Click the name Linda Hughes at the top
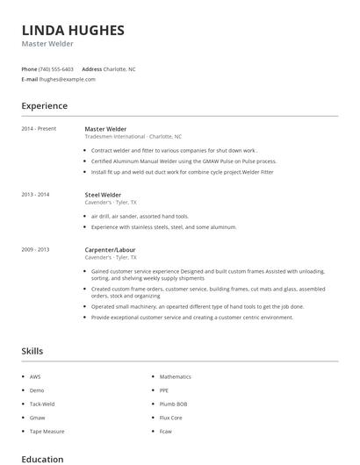tap(73, 30)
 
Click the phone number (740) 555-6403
tap(57, 68)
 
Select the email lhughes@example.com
tap(67, 79)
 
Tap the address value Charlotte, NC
tap(120, 68)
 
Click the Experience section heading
tap(45, 106)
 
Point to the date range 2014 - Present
tap(39, 129)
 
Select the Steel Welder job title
tap(103, 195)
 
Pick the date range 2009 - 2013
tap(35, 249)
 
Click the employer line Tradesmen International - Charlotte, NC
tap(133, 137)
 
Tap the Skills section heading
tap(32, 351)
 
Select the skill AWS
tap(35, 376)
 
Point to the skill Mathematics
tap(175, 376)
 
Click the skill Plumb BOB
tap(172, 404)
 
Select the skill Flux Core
tap(170, 418)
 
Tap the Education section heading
tap(42, 458)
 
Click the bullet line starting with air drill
tap(140, 216)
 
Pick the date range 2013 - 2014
tap(35, 195)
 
